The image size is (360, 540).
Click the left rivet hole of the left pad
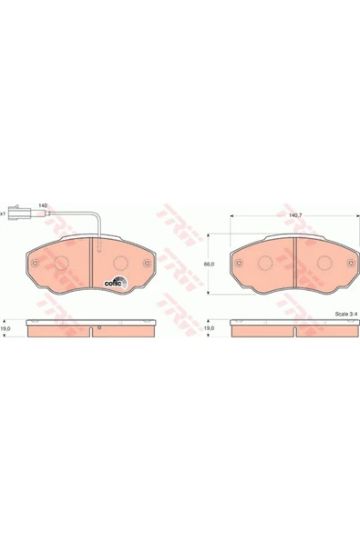36,265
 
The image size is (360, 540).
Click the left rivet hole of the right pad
238,265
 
